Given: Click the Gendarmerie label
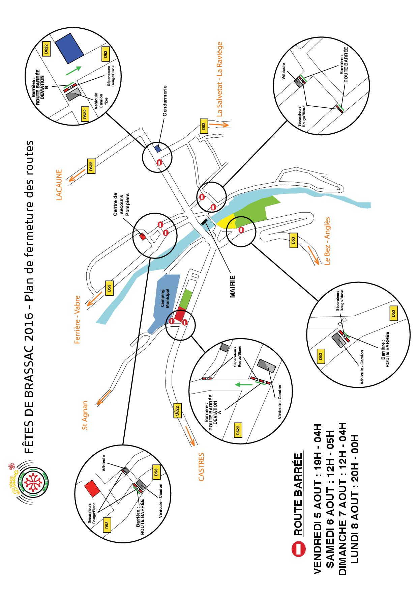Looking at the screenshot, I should click(x=165, y=102).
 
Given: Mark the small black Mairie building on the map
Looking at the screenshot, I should click(x=204, y=222).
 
